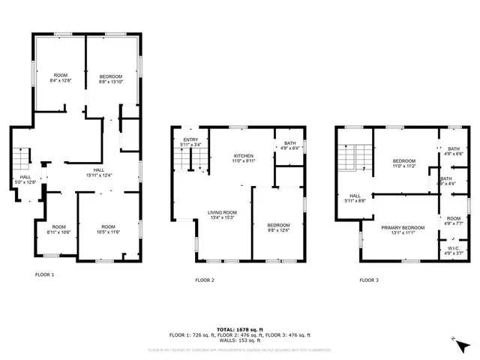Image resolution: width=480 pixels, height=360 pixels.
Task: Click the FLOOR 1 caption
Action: [45, 274]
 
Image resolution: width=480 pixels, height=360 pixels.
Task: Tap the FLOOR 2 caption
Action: [205, 280]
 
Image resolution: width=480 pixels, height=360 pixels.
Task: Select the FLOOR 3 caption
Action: [368, 280]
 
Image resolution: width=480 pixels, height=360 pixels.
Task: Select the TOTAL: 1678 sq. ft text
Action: [240, 329]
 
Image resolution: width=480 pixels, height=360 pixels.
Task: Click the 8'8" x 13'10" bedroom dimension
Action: [112, 82]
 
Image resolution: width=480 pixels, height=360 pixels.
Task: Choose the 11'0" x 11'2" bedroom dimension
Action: [404, 166]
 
